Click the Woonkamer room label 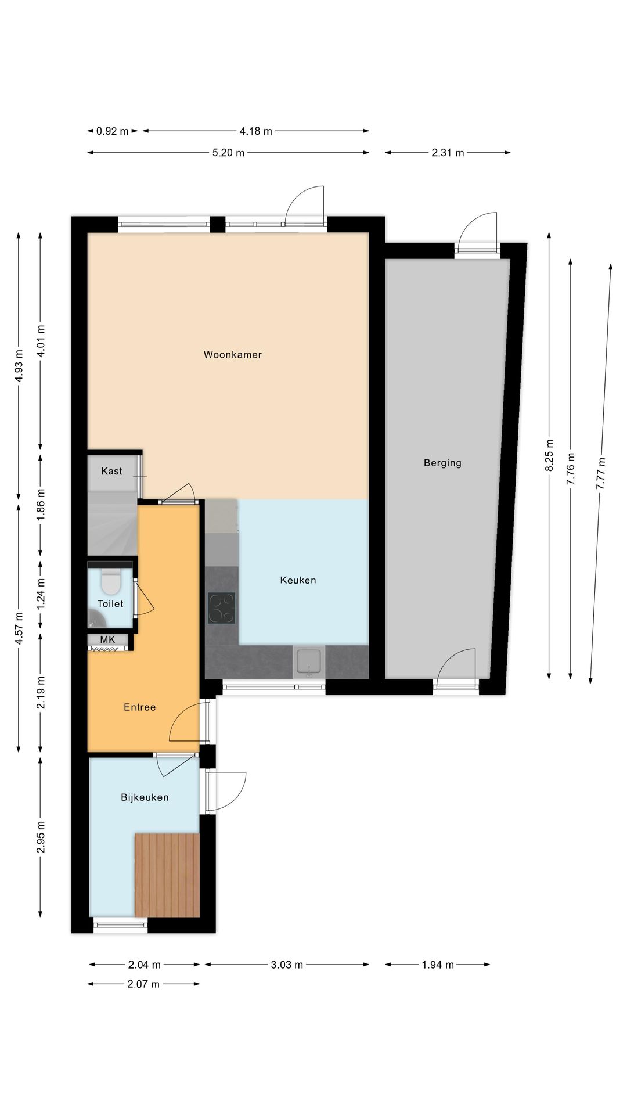pos(232,354)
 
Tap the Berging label pos(442,463)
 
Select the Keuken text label pos(298,580)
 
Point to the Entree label pos(139,707)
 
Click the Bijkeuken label pos(145,797)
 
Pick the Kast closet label pos(111,471)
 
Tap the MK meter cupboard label pos(107,639)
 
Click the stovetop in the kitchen pos(221,608)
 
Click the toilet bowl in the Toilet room pos(110,582)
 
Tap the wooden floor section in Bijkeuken pos(167,875)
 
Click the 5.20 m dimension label pos(228,153)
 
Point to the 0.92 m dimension pos(113,131)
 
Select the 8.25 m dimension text pos(549,455)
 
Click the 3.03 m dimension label pos(287,965)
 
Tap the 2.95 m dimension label pos(41,837)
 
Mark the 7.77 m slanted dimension pos(601,473)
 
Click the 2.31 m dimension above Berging pos(448,153)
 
